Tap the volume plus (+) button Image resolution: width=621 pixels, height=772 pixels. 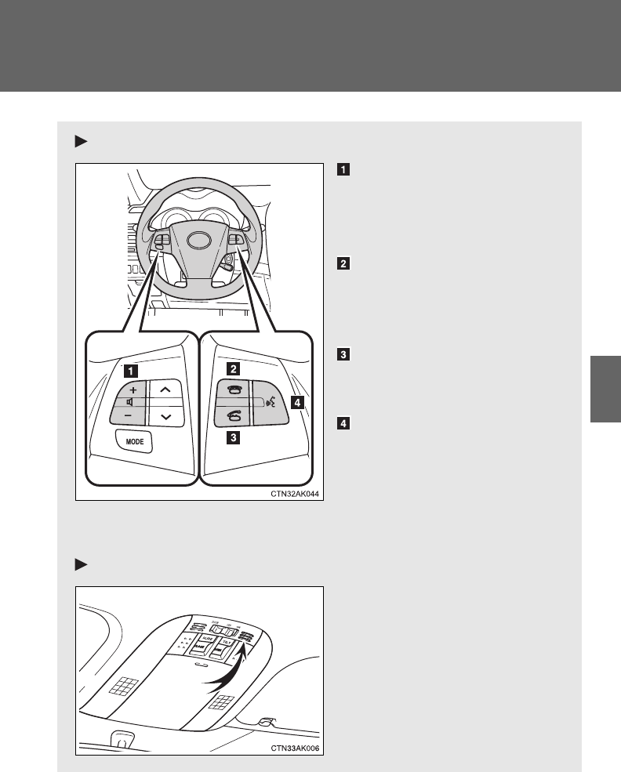pos(133,390)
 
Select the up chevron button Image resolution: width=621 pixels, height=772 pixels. pos(165,389)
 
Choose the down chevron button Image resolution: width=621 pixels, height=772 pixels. pos(165,417)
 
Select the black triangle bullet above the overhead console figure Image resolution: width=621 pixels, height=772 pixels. pos(79,564)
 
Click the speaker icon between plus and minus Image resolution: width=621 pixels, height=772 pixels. pos(129,403)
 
